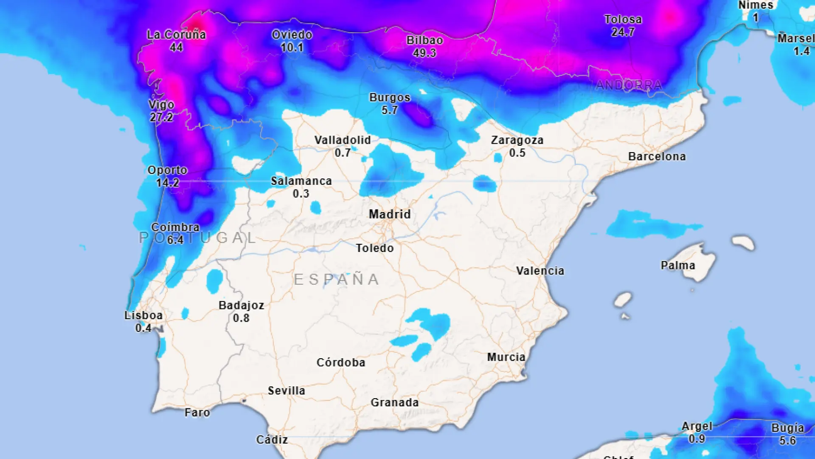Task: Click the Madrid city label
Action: pyautogui.click(x=390, y=214)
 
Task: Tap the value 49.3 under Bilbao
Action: pyautogui.click(x=424, y=53)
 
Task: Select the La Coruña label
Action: pyautogui.click(x=176, y=35)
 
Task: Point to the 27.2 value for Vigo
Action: pyautogui.click(x=161, y=117)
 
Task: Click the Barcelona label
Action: pyautogui.click(x=657, y=156)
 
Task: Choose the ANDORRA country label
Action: pyautogui.click(x=629, y=85)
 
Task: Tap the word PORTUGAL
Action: pyautogui.click(x=198, y=238)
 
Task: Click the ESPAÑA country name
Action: pyautogui.click(x=337, y=280)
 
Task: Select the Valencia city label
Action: pyautogui.click(x=540, y=271)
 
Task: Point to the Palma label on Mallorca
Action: pyautogui.click(x=677, y=266)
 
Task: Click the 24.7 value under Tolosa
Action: pyautogui.click(x=623, y=32)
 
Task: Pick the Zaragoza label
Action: pyautogui.click(x=517, y=140)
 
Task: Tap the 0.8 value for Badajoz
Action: pyautogui.click(x=241, y=318)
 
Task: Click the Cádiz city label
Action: pyautogui.click(x=272, y=440)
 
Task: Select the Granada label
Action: pyautogui.click(x=394, y=402)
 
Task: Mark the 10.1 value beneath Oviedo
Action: pyautogui.click(x=292, y=48)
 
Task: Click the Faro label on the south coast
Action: pyautogui.click(x=197, y=413)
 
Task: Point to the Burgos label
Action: pyautogui.click(x=390, y=98)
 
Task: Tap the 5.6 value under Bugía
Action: pyautogui.click(x=787, y=441)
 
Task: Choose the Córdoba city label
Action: pyautogui.click(x=340, y=363)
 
